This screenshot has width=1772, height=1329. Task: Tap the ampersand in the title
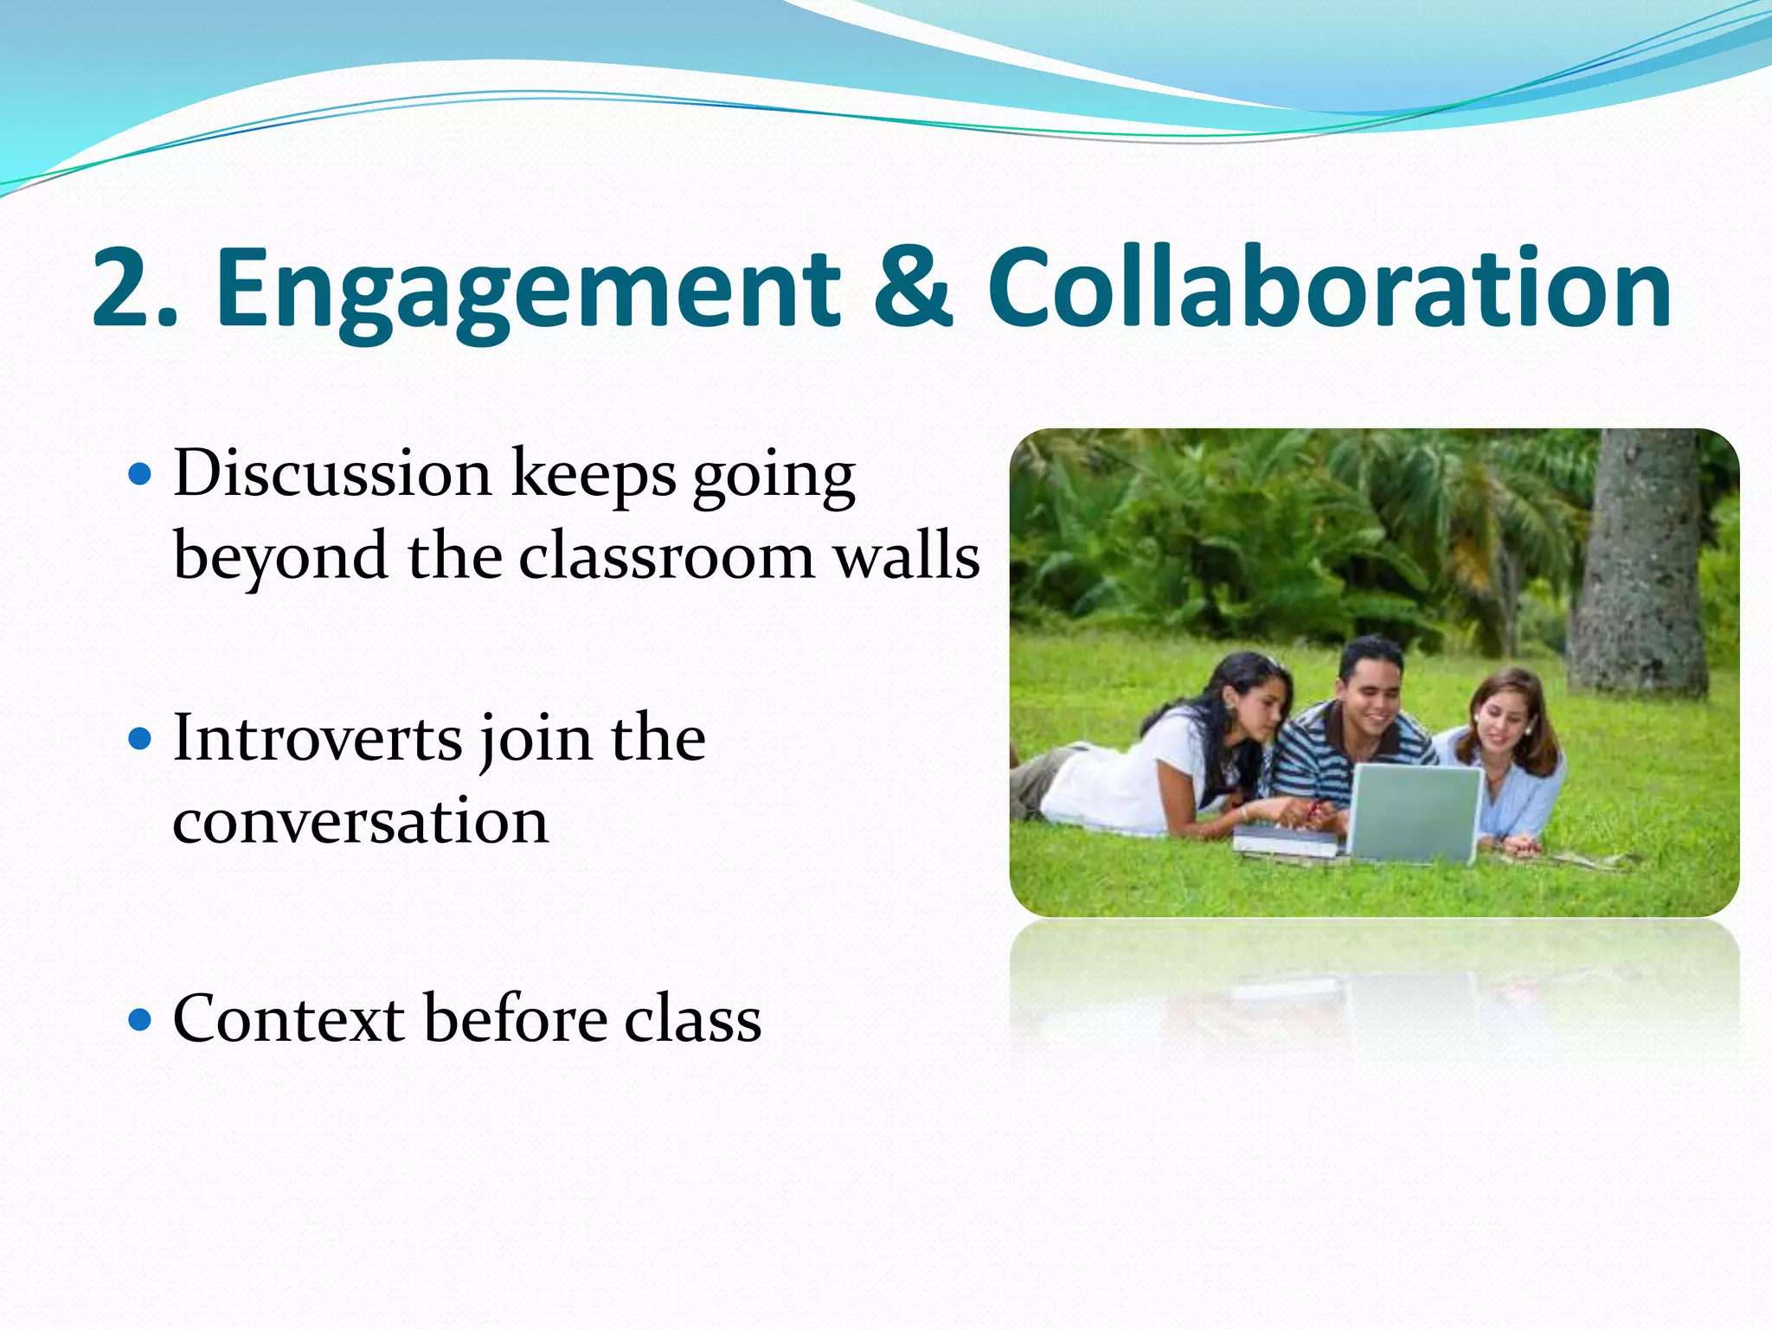912,288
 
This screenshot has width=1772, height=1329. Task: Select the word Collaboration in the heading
1328,288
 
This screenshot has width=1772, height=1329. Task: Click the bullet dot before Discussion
139,475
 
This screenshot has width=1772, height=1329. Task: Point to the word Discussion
333,474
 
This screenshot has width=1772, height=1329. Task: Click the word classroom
666,555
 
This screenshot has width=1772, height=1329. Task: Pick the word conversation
360,821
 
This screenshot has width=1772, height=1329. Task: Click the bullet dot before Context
139,1019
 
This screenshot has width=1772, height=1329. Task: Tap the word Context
289,1019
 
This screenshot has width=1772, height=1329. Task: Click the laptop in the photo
1415,813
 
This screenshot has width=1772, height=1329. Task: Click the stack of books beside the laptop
1285,841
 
